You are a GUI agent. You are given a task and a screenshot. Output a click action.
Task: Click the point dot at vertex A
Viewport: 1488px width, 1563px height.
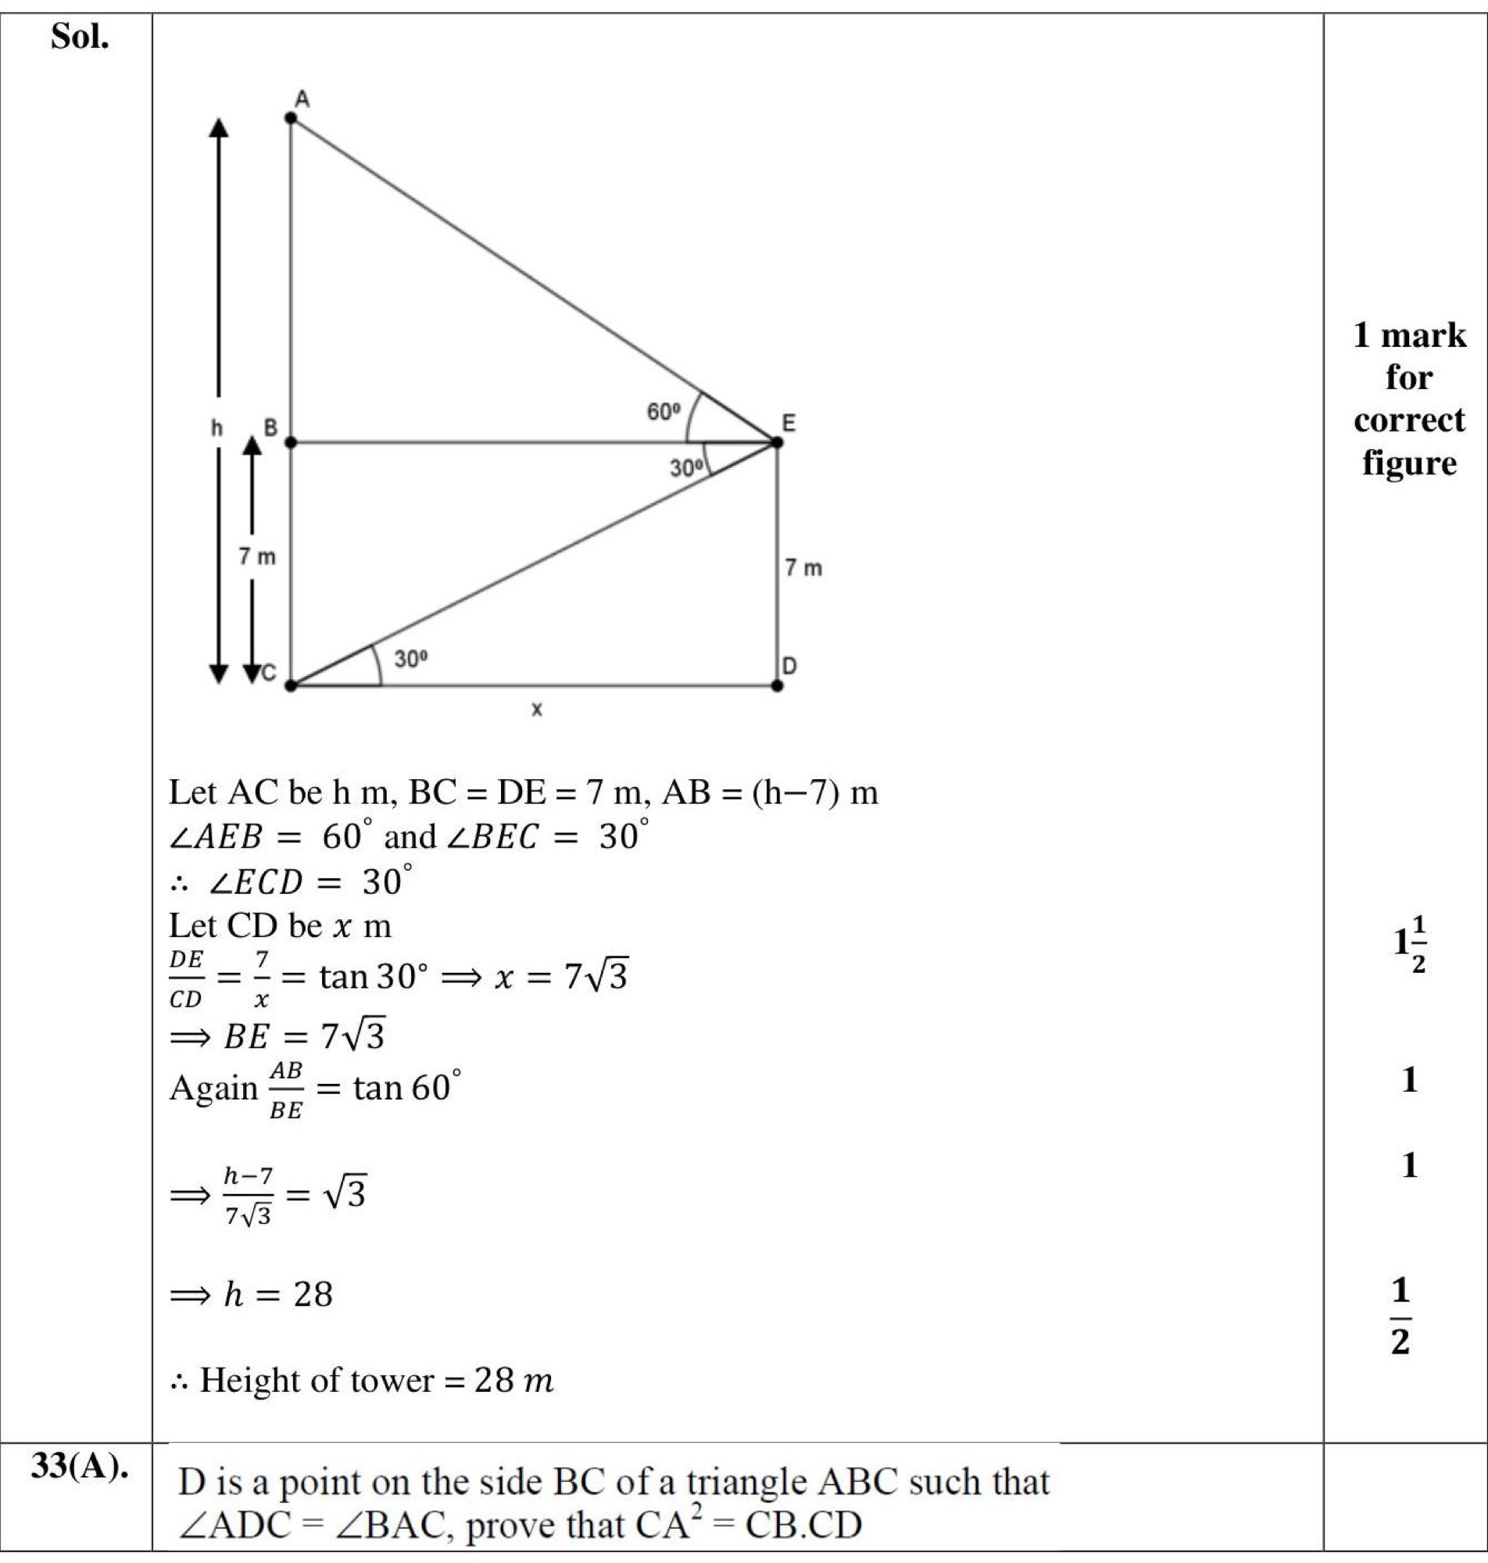point(291,118)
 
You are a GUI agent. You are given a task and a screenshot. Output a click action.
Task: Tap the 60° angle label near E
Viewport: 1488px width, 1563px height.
point(664,412)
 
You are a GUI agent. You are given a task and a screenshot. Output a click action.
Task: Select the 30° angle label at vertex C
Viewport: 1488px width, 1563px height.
point(412,658)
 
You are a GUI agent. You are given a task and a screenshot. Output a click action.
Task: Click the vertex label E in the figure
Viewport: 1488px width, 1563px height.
point(789,423)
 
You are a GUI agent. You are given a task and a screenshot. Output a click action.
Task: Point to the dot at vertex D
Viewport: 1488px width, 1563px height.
point(777,685)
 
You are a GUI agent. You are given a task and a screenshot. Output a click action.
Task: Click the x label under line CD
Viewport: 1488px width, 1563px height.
point(537,710)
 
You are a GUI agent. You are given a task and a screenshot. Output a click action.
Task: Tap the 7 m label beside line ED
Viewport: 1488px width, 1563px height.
point(803,569)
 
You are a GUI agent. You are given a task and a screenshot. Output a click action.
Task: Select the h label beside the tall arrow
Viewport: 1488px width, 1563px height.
point(216,429)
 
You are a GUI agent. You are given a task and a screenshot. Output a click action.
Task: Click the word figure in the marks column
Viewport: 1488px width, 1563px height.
point(1409,463)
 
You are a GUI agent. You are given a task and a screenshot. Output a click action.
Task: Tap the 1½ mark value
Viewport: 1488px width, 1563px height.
point(1410,945)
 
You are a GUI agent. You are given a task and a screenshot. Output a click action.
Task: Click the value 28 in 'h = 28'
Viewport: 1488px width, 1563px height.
point(313,1296)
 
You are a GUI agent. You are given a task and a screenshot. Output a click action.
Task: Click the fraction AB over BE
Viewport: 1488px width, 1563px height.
point(285,1090)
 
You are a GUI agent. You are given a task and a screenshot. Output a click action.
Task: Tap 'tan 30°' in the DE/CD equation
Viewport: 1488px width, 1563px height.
point(368,977)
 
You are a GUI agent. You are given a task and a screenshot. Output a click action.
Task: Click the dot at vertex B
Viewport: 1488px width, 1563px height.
point(291,442)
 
